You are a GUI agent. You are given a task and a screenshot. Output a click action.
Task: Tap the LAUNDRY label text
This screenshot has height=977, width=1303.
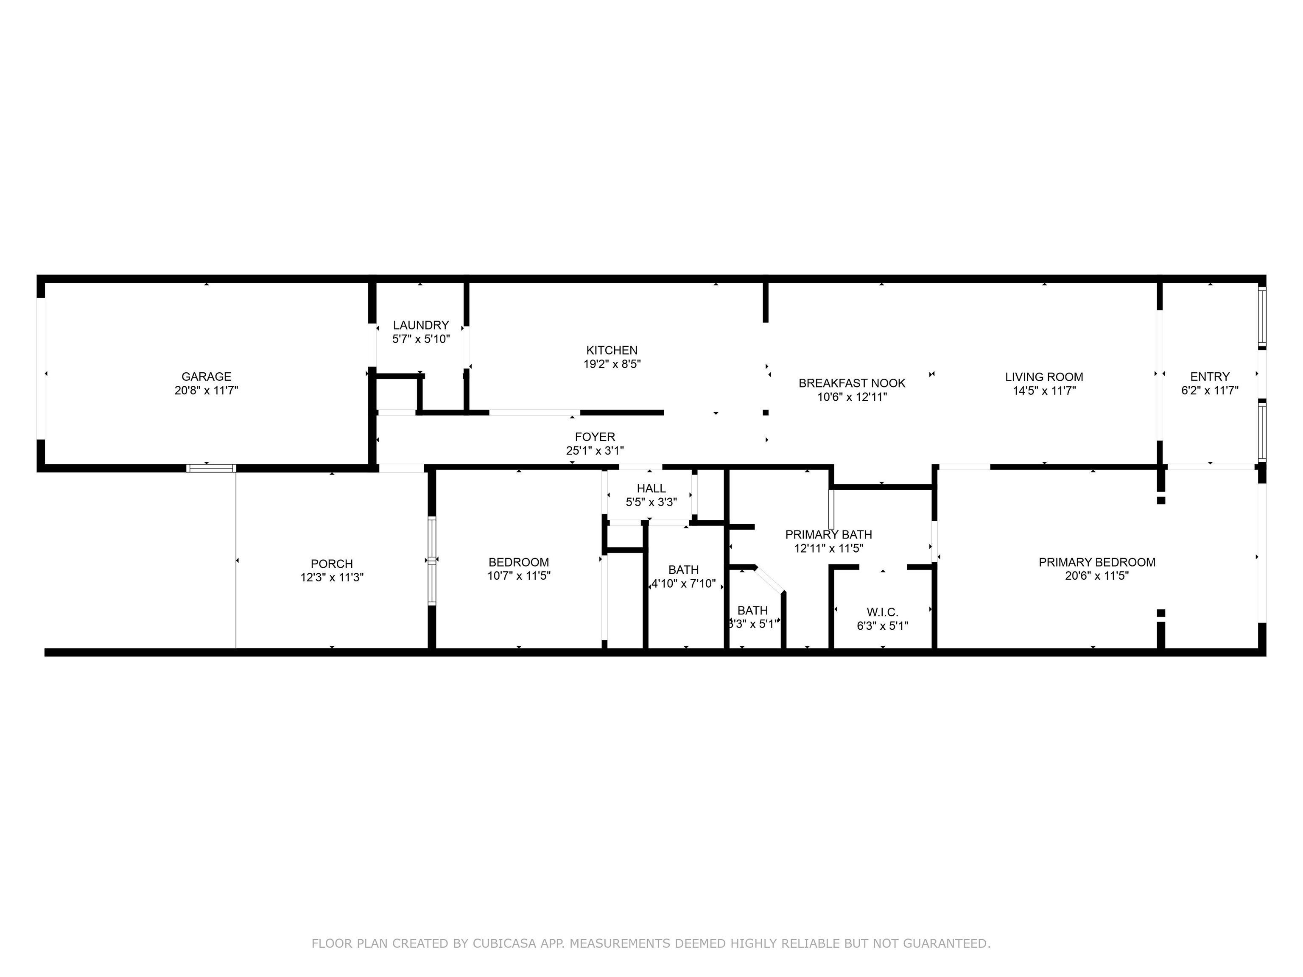pos(421,325)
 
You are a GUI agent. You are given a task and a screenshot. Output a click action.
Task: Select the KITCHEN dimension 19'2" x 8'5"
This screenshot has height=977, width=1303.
pos(612,364)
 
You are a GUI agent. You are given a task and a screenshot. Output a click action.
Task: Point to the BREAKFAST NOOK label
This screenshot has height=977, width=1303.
pos(852,383)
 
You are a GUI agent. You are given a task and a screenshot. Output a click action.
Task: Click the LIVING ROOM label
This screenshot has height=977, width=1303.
pos(1044,377)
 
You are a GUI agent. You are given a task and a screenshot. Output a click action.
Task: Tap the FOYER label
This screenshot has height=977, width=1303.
pos(595,437)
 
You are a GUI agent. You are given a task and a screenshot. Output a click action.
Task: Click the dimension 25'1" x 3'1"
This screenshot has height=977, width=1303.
pos(595,450)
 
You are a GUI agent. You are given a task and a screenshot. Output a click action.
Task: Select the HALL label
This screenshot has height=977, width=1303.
pos(651,488)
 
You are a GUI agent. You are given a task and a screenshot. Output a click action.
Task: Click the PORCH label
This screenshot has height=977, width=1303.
pos(332,564)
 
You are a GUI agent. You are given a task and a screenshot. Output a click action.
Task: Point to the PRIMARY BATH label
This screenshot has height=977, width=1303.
pos(828,535)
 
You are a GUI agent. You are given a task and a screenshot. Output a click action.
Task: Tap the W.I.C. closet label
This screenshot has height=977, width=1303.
pos(882,612)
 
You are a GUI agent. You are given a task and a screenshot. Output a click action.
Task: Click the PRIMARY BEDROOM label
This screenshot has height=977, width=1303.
pos(1097,562)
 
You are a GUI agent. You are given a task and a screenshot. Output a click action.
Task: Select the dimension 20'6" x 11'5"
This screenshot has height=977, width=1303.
pos(1097,576)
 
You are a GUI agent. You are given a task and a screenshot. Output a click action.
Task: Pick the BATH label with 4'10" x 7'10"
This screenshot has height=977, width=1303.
pos(683,570)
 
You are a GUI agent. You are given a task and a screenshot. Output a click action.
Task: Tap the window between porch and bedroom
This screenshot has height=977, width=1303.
pos(432,561)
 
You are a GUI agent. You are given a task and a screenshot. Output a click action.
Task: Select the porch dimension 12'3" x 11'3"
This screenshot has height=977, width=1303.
pos(332,578)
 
